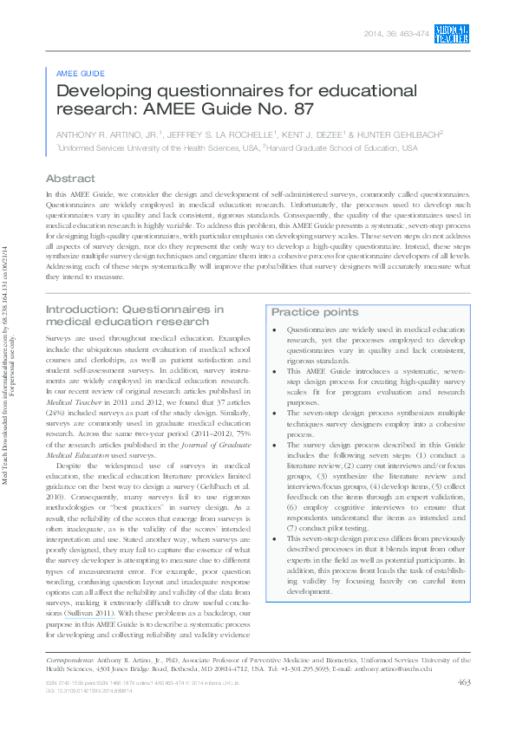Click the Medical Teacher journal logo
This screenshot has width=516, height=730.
click(x=451, y=33)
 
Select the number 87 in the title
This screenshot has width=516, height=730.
click(x=303, y=109)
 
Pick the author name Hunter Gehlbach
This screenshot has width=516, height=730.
click(x=402, y=134)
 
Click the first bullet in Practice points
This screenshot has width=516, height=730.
click(x=275, y=330)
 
